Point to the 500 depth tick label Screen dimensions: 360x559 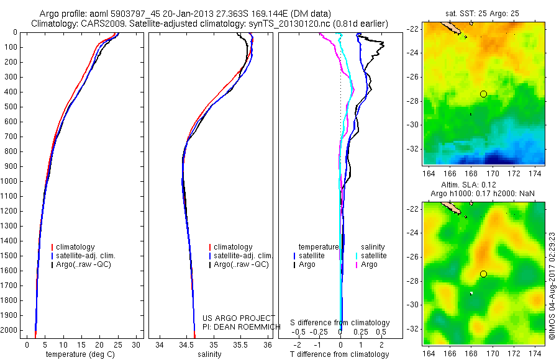(11, 107)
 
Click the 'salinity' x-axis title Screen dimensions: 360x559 (208, 354)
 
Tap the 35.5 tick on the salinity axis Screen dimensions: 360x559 (240, 344)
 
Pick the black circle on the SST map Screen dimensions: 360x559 (483, 94)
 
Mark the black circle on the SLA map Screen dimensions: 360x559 (483, 274)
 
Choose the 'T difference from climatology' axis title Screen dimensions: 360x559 (340, 354)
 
